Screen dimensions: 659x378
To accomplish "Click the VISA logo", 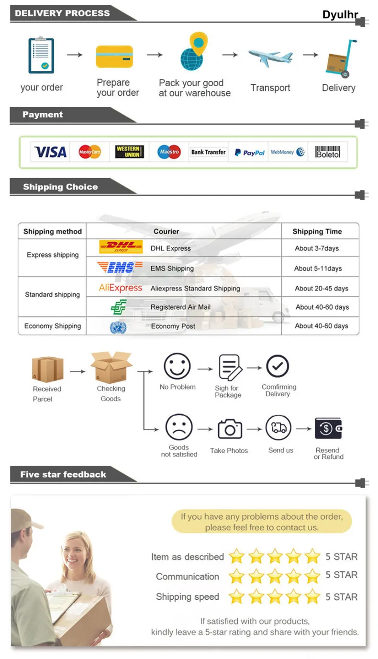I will tap(50, 152).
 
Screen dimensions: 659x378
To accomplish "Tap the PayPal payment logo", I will tap(249, 153).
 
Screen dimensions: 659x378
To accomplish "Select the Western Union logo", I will tap(129, 152).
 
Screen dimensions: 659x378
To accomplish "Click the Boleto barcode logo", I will tap(328, 152).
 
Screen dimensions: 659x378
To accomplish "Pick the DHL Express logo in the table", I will tap(121, 247).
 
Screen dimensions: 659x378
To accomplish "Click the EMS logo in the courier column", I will tap(120, 268).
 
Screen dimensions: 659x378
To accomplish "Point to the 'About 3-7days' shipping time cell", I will tap(316, 248).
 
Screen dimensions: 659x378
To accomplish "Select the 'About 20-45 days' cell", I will tap(321, 288).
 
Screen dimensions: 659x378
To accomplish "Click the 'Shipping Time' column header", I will tap(317, 232).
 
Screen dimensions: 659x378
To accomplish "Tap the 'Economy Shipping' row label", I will tap(53, 326).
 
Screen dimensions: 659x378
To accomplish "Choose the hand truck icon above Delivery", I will tap(341, 59).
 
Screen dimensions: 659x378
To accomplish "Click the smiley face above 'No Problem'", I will tap(177, 366).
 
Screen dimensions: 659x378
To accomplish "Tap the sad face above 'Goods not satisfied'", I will tap(179, 427).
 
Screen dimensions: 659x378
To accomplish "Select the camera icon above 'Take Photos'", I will tap(230, 429).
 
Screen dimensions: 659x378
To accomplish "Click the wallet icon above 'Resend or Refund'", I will tap(328, 428).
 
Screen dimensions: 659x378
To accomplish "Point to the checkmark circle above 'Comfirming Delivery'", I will tap(278, 367).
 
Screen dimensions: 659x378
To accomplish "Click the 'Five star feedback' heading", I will tap(63, 475).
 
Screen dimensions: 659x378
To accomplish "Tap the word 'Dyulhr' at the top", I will tap(340, 15).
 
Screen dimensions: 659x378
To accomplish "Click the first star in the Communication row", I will tap(236, 576).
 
